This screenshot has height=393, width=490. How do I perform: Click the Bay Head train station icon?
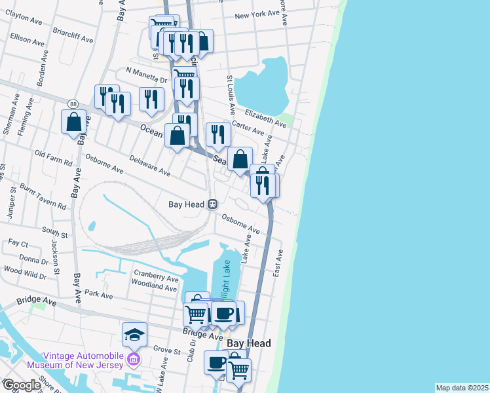(x=213, y=204)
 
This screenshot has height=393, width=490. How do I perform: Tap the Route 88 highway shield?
(x=72, y=104)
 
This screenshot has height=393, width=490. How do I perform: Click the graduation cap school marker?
(x=134, y=334)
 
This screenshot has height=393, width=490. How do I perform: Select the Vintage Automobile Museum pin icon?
(x=134, y=358)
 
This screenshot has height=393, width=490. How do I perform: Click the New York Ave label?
(x=257, y=14)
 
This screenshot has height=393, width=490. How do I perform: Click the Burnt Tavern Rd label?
(x=43, y=196)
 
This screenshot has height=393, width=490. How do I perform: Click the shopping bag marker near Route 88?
(x=73, y=121)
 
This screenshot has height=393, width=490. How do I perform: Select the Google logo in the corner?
(x=21, y=385)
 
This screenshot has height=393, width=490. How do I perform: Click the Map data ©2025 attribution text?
(x=462, y=388)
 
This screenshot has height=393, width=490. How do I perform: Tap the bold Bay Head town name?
(x=248, y=343)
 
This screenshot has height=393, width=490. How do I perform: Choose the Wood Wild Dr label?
(x=24, y=269)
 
